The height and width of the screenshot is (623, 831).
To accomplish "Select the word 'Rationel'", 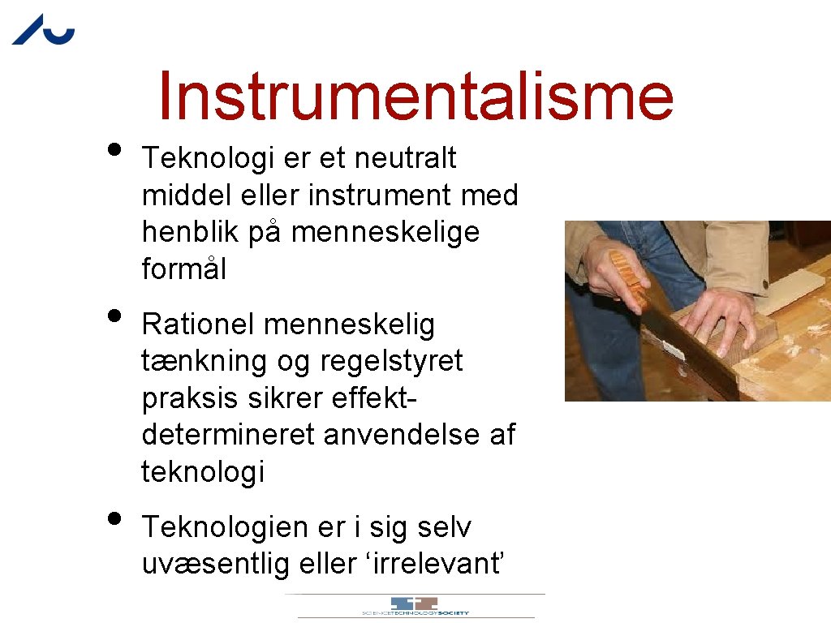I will coord(198,324).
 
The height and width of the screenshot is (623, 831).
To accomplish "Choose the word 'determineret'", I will coord(229,435).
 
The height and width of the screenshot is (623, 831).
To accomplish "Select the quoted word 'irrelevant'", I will coord(439,564).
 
